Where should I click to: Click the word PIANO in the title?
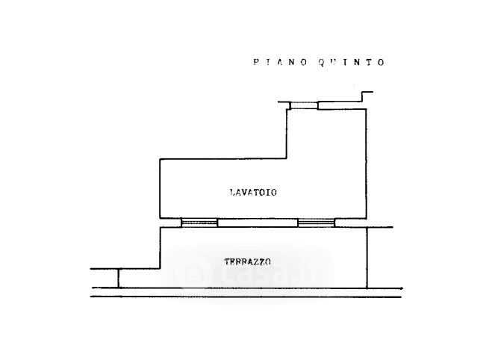click(x=280, y=62)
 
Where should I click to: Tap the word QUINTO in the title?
click(x=352, y=62)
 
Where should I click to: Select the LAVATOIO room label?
click(x=253, y=192)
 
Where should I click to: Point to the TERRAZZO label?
click(x=248, y=262)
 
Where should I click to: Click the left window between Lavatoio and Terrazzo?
click(x=199, y=223)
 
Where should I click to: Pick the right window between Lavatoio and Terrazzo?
click(x=317, y=223)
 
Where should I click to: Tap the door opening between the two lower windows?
click(x=258, y=223)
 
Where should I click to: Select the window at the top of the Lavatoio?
click(x=304, y=105)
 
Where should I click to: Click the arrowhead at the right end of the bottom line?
click(x=401, y=288)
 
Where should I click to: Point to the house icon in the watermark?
click(x=193, y=272)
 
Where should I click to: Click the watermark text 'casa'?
click(x=255, y=273)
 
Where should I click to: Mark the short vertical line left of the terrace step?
click(x=119, y=278)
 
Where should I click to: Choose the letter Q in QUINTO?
click(x=321, y=62)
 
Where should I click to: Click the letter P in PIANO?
click(x=256, y=62)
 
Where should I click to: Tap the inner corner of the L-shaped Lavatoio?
click(x=287, y=158)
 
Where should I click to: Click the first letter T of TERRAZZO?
click(x=227, y=262)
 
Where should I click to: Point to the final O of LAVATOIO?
click(x=274, y=192)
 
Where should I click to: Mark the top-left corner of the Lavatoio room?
click(x=160, y=159)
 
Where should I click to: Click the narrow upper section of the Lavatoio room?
click(x=326, y=134)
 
